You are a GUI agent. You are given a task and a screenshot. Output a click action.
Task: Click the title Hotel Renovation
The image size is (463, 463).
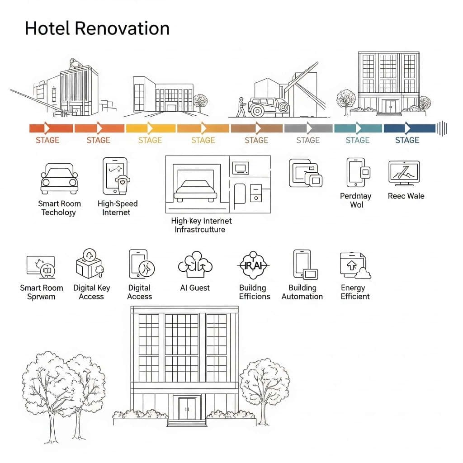[97, 28]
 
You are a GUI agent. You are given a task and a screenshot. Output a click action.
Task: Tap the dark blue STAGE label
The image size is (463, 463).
[407, 140]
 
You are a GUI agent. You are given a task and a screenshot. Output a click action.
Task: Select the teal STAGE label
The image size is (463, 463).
[357, 140]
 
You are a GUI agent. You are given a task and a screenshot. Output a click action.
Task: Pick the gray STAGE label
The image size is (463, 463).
[308, 140]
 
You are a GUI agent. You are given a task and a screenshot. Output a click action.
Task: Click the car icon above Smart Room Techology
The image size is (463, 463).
[59, 179]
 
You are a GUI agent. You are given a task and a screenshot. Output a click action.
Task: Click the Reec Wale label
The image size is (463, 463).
[406, 196]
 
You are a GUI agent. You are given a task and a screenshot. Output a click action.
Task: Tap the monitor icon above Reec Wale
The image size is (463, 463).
[404, 173]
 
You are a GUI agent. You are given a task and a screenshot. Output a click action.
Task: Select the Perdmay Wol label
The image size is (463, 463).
[355, 200]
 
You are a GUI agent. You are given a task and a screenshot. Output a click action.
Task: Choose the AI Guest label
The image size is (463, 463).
[195, 288]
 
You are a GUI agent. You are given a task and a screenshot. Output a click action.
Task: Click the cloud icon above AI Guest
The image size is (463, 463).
[195, 264]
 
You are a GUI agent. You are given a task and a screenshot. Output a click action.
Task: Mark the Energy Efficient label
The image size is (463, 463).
[355, 292]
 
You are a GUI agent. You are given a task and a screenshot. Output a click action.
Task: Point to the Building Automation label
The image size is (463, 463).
[302, 292]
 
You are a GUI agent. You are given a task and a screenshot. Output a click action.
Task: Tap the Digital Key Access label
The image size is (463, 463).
[91, 292]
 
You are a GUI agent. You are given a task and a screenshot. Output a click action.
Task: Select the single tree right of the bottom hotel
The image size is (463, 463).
[264, 382]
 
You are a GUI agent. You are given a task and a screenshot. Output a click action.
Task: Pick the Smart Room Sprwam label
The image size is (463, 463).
[41, 292]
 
